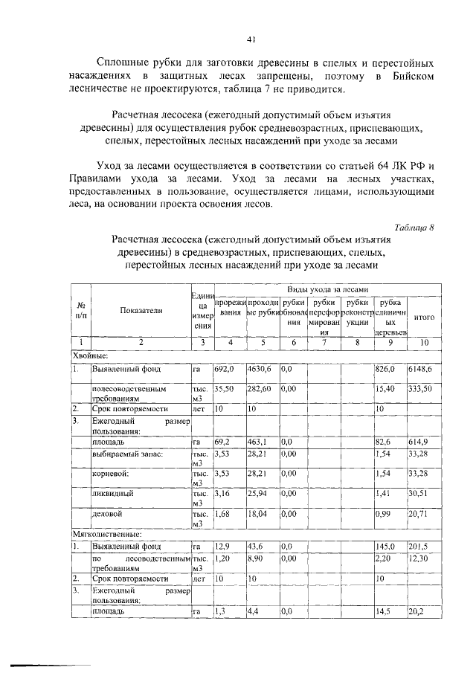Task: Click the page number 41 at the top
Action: [x=251, y=40]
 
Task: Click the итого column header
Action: [x=424, y=317]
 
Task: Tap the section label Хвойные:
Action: [x=90, y=355]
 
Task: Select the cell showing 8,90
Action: [x=257, y=557]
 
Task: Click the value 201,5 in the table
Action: [x=420, y=547]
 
